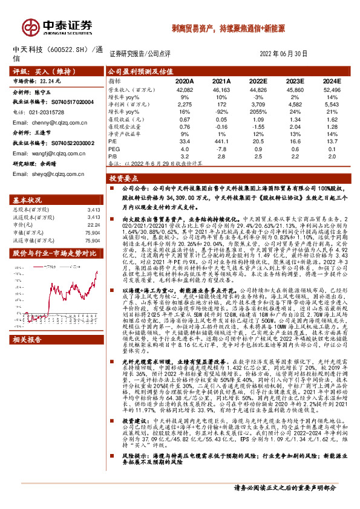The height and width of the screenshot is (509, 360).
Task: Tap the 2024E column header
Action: pyautogui.click(x=331, y=80)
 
